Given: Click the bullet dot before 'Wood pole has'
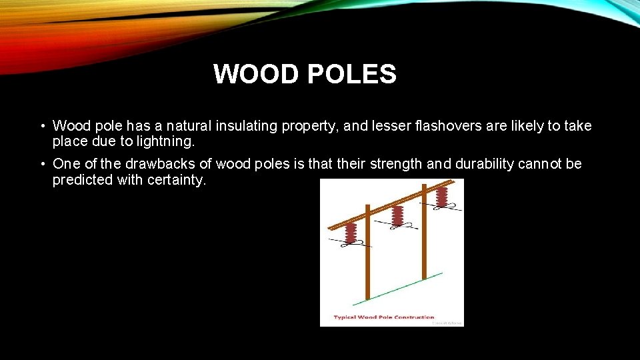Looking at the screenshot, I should (42, 127).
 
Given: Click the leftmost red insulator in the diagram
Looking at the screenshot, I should (351, 234).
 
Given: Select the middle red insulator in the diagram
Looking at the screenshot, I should (398, 216).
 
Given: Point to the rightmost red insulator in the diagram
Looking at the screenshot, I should (441, 197).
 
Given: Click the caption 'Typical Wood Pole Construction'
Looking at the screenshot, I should (384, 317).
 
